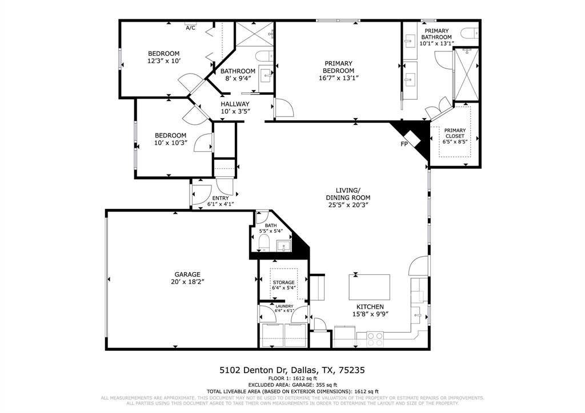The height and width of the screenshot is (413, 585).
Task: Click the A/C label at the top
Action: [x=191, y=27]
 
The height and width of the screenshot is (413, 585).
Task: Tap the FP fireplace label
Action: [x=404, y=144]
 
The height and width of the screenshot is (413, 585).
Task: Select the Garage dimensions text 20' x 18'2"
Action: [x=179, y=282]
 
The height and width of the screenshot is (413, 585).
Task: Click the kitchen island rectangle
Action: [x=370, y=287]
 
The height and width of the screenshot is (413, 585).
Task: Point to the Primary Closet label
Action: [x=455, y=133]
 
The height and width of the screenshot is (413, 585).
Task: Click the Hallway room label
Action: [x=235, y=104]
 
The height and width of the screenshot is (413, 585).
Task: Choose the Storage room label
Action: [x=283, y=282]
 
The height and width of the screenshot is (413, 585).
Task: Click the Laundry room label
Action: [x=284, y=306]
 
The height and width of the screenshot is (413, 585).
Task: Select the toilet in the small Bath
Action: [x=263, y=244]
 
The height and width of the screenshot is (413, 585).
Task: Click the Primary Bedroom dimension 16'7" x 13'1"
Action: [x=339, y=79]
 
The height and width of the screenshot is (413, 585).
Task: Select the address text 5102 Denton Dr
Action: [x=254, y=370]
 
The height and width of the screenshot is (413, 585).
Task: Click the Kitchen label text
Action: [x=368, y=307]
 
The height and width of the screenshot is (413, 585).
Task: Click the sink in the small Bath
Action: [x=283, y=246]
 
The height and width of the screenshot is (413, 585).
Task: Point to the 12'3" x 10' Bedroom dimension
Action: [x=164, y=60]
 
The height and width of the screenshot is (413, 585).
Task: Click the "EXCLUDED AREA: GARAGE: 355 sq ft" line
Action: [x=292, y=385]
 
